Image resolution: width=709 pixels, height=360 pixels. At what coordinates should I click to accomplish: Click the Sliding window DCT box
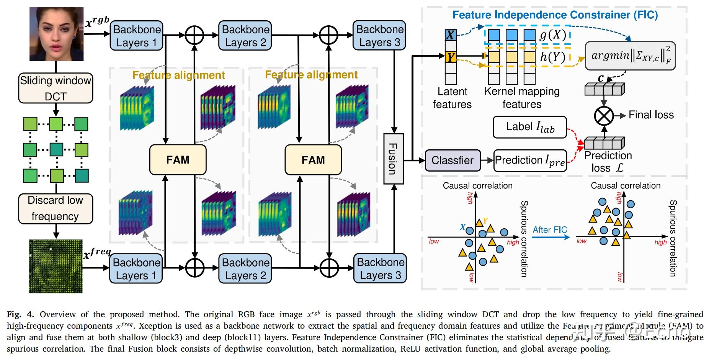[56, 88]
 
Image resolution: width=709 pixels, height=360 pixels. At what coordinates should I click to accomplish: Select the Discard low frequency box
[56, 208]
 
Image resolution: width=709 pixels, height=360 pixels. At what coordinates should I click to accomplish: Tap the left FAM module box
[178, 159]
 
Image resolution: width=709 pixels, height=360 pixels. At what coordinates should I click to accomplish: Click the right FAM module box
[313, 159]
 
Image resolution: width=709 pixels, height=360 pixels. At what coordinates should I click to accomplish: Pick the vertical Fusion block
[394, 159]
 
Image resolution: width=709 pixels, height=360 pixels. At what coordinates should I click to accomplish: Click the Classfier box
[452, 160]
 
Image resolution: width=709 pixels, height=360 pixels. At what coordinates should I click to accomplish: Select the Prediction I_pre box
[530, 160]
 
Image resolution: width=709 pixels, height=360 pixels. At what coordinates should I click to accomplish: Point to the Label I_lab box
[530, 127]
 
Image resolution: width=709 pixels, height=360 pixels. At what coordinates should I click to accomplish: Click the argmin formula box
[630, 56]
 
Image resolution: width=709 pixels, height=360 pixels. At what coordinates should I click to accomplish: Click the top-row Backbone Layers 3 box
[379, 36]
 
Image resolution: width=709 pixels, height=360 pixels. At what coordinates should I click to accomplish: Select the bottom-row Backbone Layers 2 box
[245, 269]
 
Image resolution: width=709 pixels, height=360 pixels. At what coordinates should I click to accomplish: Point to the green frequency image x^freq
[56, 266]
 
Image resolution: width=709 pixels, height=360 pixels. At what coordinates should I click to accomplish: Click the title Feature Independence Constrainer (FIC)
[555, 15]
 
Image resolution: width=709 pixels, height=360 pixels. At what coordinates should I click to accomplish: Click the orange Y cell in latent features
[451, 57]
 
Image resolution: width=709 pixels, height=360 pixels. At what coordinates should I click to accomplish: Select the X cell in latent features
[451, 35]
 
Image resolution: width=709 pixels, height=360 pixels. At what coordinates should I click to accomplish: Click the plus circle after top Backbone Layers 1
[194, 36]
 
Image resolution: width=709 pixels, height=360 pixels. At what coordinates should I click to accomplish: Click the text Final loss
[651, 115]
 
